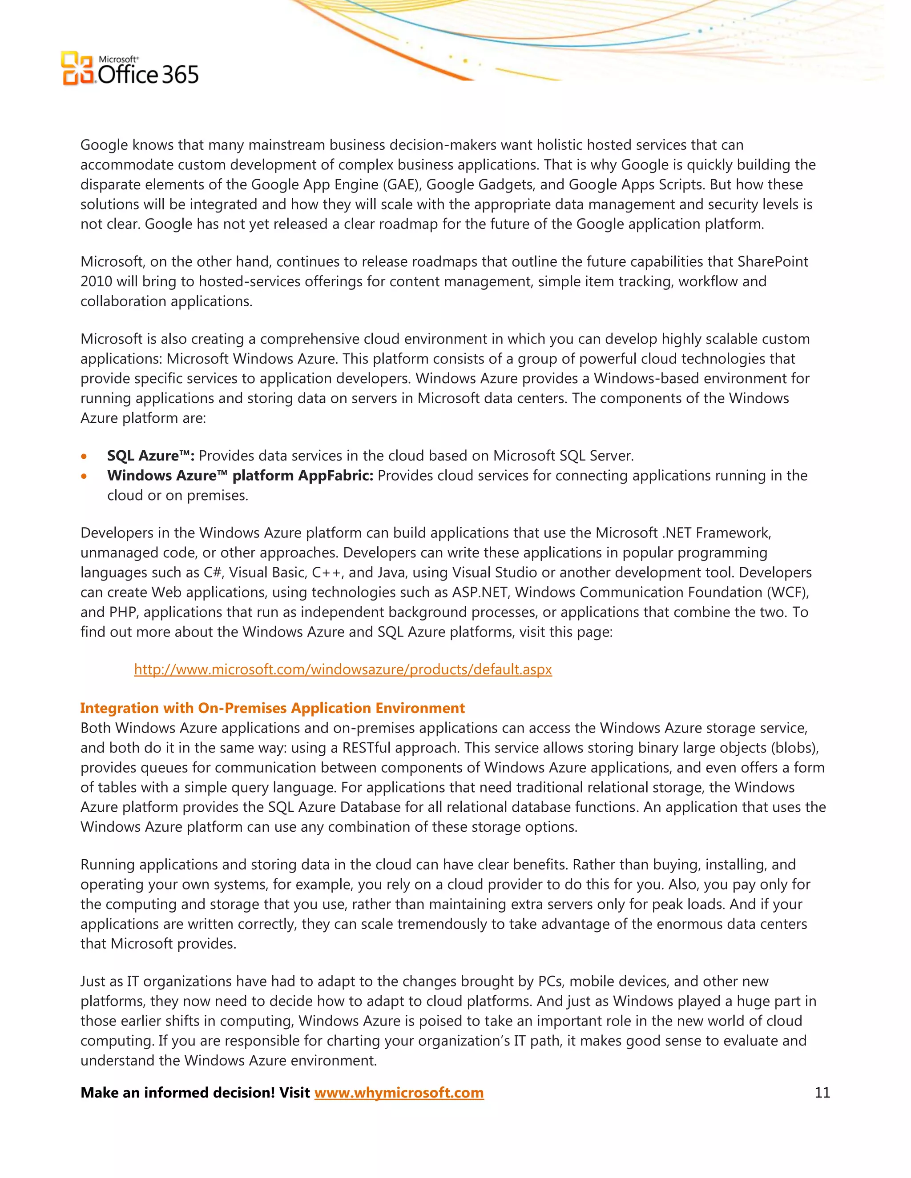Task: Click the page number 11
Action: pos(822,1092)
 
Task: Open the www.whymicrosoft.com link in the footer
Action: pos(399,1093)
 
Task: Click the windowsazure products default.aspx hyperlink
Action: pos(343,669)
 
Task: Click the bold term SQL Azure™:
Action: pos(151,456)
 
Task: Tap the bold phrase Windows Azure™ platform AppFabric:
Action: pos(240,476)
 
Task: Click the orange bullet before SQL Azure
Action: pos(84,457)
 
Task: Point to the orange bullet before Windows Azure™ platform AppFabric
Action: pos(84,476)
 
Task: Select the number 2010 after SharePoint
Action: pos(96,281)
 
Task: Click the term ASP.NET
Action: pos(480,592)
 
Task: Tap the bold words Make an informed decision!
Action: pos(177,1093)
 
